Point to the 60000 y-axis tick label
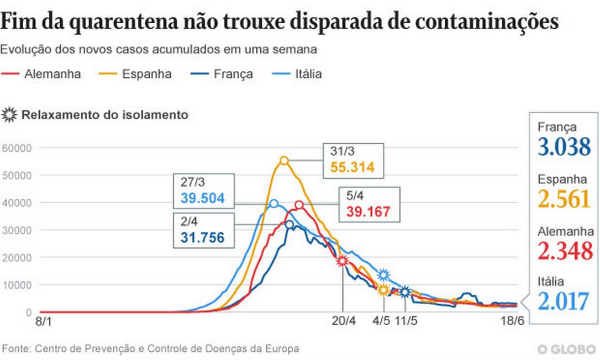[18, 148]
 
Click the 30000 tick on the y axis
[18, 230]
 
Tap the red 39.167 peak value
[368, 211]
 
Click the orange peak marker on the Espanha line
[284, 161]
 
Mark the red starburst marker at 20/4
[343, 261]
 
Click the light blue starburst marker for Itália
[383, 275]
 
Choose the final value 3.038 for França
[564, 147]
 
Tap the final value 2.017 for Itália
[564, 302]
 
